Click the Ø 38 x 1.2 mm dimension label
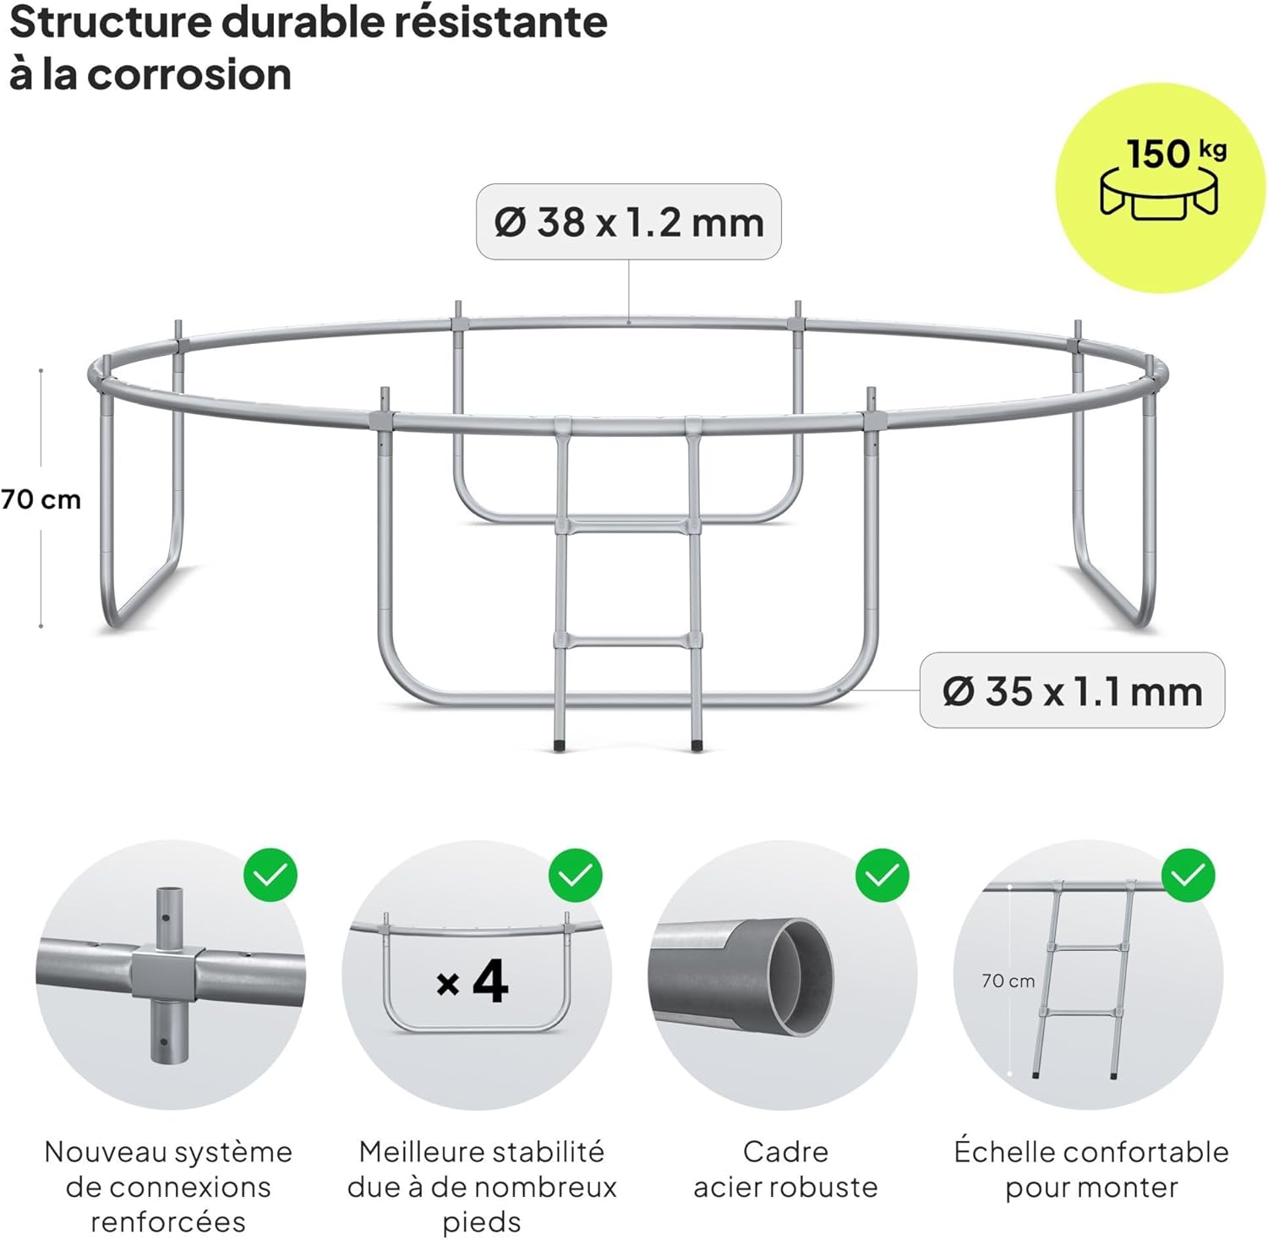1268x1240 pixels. [629, 222]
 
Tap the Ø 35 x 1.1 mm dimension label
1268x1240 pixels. [1072, 691]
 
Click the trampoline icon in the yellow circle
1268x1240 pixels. [1159, 194]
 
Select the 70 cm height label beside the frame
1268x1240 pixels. [41, 500]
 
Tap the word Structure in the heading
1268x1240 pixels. [110, 22]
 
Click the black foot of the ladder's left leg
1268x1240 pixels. [559, 746]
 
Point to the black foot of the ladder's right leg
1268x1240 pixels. [697, 746]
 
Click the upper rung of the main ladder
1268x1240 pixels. [627, 527]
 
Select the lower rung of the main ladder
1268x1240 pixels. [627, 641]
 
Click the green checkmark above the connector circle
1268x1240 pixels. [271, 875]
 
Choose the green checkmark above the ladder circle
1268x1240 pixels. [1188, 875]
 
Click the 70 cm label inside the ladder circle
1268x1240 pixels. [1008, 981]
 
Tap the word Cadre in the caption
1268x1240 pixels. [785, 1151]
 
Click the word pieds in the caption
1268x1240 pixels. [481, 1221]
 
